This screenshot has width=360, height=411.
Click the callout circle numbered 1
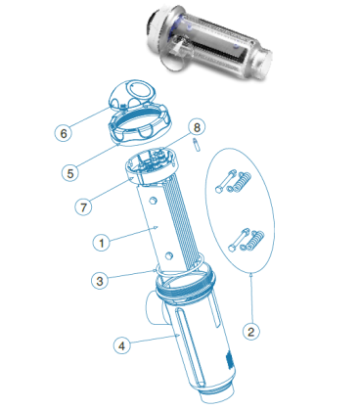click(x=101, y=243)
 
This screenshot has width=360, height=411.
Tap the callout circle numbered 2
click(x=251, y=332)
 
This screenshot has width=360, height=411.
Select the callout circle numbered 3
click(x=100, y=281)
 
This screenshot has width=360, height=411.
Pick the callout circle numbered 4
click(x=122, y=345)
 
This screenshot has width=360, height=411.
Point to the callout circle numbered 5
click(x=70, y=173)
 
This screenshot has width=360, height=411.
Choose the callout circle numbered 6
click(x=64, y=133)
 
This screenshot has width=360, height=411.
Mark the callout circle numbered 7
click(x=83, y=207)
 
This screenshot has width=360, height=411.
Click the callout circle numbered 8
click(x=197, y=127)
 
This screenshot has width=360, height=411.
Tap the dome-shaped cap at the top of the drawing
click(x=133, y=94)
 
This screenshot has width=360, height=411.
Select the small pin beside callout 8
click(x=197, y=145)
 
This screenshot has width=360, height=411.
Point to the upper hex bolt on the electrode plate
click(x=153, y=201)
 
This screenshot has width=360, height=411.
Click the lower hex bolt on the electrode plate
click(x=168, y=255)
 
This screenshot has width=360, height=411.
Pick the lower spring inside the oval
click(x=256, y=241)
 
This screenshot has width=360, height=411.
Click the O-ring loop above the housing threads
click(x=179, y=270)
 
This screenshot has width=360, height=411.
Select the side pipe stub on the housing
click(x=155, y=307)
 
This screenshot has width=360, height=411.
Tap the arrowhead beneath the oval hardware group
click(x=251, y=275)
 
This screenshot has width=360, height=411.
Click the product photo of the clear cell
click(x=208, y=44)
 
